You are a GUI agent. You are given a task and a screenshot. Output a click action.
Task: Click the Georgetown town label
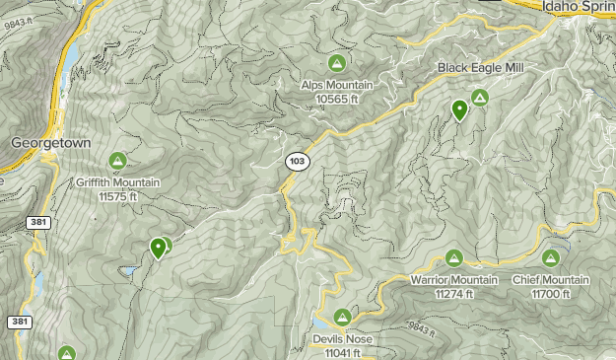click(x=50, y=143)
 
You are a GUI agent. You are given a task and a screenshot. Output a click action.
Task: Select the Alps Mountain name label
click(x=336, y=85)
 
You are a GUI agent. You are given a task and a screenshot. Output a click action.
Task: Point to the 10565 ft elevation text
click(x=336, y=99)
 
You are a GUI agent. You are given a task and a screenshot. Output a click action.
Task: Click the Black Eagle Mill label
click(x=480, y=68)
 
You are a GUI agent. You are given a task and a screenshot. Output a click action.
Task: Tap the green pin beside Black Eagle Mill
click(x=459, y=110)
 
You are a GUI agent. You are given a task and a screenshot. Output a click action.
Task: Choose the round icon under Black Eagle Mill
click(x=480, y=97)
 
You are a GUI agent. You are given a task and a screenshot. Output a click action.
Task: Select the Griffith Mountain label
click(x=117, y=182)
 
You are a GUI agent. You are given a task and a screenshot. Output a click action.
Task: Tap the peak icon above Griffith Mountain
click(x=117, y=160)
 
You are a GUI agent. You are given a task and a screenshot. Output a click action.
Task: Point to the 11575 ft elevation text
click(x=117, y=196)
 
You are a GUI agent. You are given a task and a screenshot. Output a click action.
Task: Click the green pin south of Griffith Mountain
click(x=158, y=248)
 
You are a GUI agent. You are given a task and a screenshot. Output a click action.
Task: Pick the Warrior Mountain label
click(x=454, y=280)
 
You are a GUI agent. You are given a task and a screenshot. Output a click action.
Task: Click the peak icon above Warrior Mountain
click(x=454, y=258)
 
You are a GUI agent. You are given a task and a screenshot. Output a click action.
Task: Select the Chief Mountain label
click(x=550, y=280)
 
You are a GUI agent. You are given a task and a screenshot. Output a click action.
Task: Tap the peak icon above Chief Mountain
click(x=550, y=258)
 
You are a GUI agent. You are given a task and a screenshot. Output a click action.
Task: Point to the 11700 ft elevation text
click(x=550, y=294)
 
